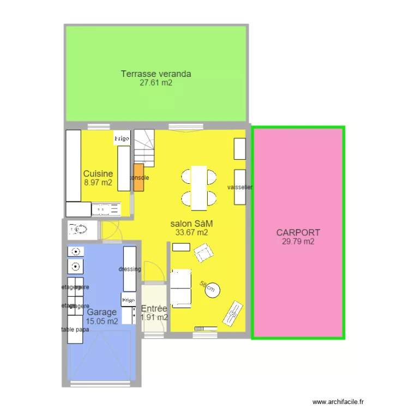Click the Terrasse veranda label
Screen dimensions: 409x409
coord(156,74)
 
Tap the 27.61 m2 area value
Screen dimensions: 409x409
coord(156,83)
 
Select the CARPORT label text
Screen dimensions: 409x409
coord(298,233)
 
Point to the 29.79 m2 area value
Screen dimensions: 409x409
coord(298,242)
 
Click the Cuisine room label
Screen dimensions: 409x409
coord(98,174)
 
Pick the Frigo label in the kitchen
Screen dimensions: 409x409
coord(122,139)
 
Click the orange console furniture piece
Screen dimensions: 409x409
coord(139,177)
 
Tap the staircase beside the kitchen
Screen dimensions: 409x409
coord(145,148)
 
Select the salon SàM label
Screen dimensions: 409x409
coord(191,224)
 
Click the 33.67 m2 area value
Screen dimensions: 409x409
coord(191,233)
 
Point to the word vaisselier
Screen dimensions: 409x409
coord(240,188)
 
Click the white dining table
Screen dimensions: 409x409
coord(199,187)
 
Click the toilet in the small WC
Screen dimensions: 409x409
coord(78,230)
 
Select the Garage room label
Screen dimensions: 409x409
coord(101,312)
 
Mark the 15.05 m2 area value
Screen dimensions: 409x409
coord(101,322)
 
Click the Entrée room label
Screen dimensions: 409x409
coord(154,309)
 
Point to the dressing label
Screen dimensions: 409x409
coord(130,269)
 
